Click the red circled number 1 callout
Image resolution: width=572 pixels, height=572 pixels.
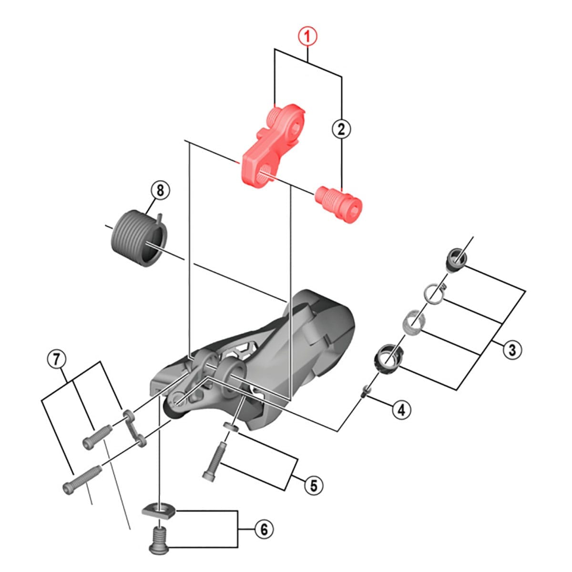pos(308,36)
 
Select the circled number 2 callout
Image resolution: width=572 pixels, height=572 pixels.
pos(341,129)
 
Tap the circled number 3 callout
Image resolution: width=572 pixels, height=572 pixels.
pos(512,349)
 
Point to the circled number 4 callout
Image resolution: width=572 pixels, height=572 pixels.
pos(401,409)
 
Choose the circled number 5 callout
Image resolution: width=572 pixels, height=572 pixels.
pos(314,485)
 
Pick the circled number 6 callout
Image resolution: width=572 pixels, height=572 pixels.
pos(264,529)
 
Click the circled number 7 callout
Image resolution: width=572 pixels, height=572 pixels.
pos(57,359)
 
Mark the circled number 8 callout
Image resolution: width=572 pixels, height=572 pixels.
pos(160,191)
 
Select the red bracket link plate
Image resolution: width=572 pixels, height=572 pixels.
pos(269,145)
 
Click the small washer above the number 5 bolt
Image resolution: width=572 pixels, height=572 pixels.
pos(231,426)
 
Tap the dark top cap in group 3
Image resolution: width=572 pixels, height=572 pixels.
pos(456,259)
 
